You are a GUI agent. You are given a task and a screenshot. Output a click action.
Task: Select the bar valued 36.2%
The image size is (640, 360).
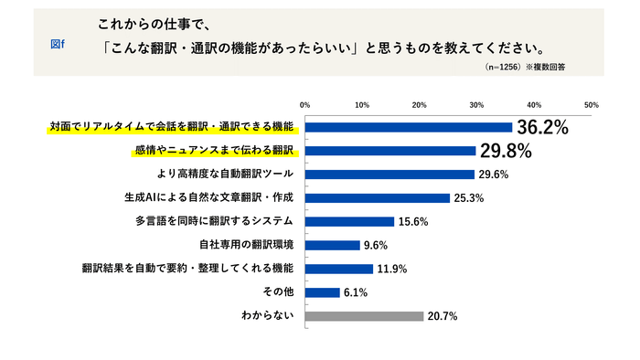tap(408, 127)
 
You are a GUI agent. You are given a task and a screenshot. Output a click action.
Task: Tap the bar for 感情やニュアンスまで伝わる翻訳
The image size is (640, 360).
tap(389, 150)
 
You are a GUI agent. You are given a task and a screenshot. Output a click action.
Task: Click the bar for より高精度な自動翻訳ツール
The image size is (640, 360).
tap(389, 174)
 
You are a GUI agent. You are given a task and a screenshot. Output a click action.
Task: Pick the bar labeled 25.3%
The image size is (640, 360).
tap(377, 197)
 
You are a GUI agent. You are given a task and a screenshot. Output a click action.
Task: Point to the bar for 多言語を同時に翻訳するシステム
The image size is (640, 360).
tap(349, 221)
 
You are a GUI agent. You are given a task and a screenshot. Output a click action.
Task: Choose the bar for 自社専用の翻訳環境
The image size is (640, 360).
tap(332, 245)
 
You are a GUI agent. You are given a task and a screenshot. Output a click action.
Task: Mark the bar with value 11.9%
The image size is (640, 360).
tap(338, 269)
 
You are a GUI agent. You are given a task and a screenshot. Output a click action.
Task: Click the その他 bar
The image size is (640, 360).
tap(322, 292)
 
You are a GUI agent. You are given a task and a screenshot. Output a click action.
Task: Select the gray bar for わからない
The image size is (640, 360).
tap(364, 316)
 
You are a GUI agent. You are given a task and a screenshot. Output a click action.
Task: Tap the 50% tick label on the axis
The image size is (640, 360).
tap(591, 104)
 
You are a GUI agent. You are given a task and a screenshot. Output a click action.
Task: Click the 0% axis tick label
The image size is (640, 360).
tap(305, 104)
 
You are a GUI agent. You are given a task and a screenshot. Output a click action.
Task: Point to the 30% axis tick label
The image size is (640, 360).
tap(476, 104)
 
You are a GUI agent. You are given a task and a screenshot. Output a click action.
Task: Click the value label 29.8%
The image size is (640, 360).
tap(507, 150)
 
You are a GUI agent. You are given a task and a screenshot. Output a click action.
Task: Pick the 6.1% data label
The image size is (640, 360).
tap(357, 292)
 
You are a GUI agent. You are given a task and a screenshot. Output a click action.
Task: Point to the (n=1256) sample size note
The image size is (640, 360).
tap(503, 68)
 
